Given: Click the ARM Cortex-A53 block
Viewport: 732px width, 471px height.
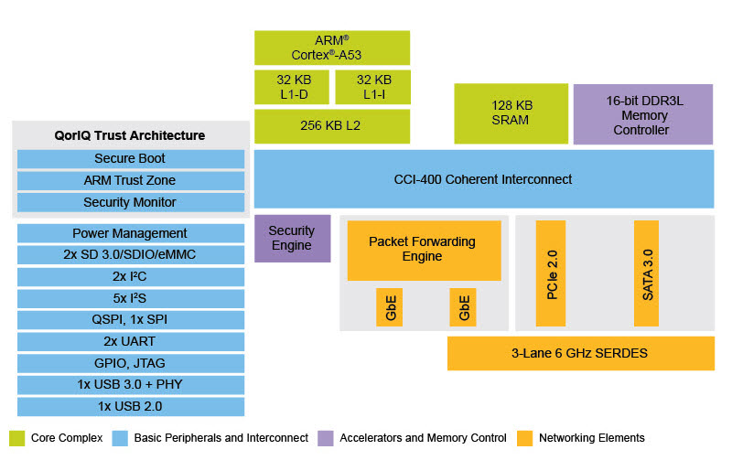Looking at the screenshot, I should tap(332, 48).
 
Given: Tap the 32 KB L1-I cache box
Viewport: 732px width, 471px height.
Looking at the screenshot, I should tap(372, 87).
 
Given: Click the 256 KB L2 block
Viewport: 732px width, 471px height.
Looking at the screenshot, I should tap(332, 126).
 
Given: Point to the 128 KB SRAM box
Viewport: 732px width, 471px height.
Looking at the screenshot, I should tap(510, 113).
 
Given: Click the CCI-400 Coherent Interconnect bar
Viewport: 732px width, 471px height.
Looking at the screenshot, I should tap(483, 179).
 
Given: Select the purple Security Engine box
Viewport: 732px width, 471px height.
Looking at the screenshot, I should tap(291, 239).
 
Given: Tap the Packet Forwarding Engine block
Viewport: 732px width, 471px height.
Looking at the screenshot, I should tap(423, 250).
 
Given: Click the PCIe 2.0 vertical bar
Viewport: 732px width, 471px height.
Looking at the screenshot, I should tap(551, 273).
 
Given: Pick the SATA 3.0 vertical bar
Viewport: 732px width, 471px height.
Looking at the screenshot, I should tap(647, 273).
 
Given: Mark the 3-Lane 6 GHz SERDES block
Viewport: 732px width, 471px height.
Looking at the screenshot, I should tap(580, 353).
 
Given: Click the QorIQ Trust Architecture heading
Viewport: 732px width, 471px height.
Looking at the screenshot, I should tap(130, 135).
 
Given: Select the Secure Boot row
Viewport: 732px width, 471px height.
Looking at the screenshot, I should tap(130, 158).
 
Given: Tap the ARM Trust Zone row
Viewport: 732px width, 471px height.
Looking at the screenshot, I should tap(130, 180).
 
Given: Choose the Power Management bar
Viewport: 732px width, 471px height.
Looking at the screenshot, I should tap(130, 233).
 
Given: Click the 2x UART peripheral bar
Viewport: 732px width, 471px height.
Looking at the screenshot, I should tap(130, 341).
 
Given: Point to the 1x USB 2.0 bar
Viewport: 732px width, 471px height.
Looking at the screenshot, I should tap(130, 406).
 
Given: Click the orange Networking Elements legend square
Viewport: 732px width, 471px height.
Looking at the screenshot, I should tap(525, 438).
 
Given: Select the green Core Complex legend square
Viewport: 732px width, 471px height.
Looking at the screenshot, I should tap(16, 438).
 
